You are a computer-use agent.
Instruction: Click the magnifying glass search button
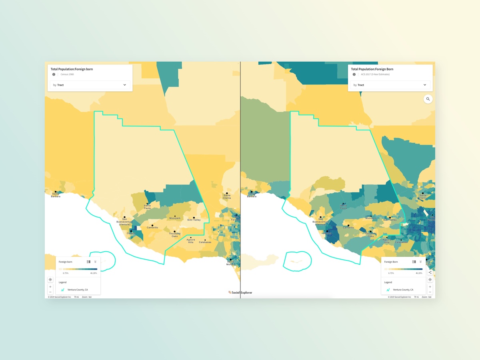(428, 99)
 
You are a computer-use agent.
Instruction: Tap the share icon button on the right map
(430, 272)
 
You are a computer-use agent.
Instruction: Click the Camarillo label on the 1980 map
(152, 228)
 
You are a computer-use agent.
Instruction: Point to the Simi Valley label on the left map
(194, 220)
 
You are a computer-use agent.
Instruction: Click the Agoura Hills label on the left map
(191, 241)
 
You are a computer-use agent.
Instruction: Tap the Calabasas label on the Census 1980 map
(205, 242)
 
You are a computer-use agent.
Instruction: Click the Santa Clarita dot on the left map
(227, 193)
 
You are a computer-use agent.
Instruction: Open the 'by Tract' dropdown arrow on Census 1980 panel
(124, 85)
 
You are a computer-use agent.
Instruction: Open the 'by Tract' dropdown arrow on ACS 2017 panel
(425, 85)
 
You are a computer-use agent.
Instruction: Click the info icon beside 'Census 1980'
(54, 74)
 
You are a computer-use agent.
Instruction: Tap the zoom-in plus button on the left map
(50, 287)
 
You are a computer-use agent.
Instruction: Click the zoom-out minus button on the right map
(430, 292)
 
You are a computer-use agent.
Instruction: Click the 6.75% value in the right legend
(391, 273)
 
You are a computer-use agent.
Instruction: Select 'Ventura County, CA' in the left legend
(78, 290)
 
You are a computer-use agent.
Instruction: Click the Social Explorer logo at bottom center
(240, 292)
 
